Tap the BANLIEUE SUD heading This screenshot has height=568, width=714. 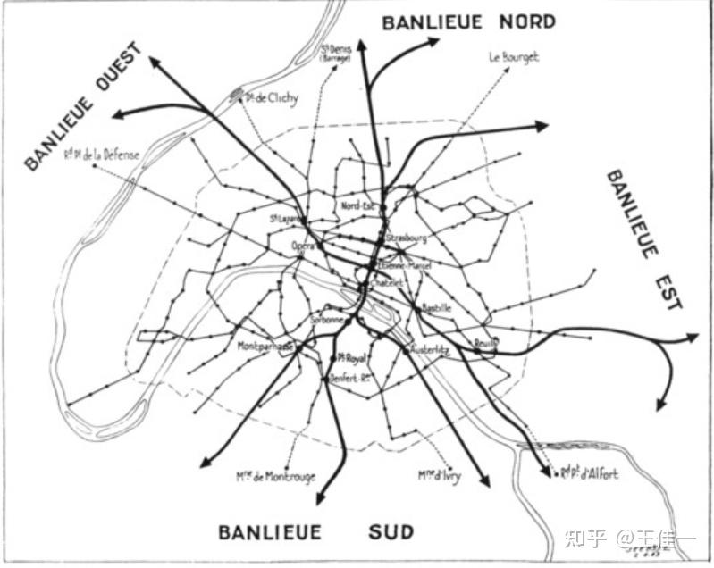(316, 533)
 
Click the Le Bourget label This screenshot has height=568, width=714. (513, 56)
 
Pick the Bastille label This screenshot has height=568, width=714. (437, 307)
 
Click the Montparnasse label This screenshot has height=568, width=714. (266, 346)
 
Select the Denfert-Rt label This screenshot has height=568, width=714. (352, 378)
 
